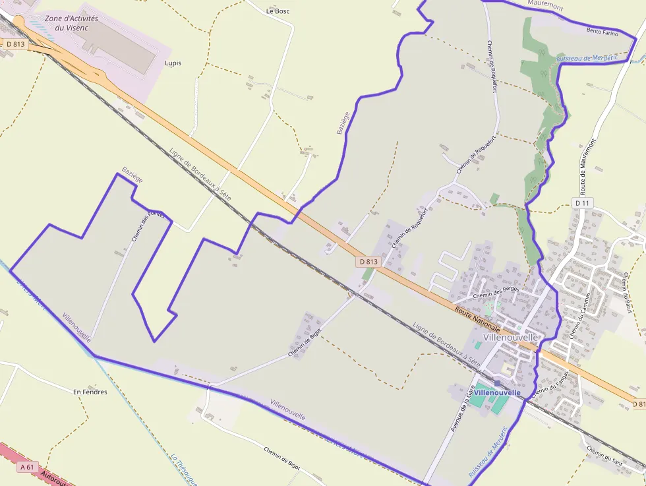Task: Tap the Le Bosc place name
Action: pos(278,11)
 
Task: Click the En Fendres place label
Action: pos(90,392)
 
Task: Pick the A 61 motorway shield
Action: pos(27,467)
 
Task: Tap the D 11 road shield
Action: pos(581,203)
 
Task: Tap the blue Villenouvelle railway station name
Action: pos(497,392)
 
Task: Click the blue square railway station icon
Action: pos(497,382)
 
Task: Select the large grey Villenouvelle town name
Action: pos(511,337)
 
